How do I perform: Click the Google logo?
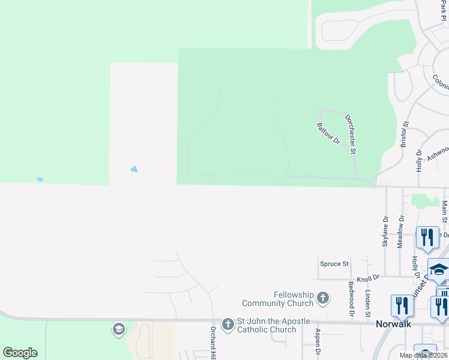pyautogui.click(x=20, y=353)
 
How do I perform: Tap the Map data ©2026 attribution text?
pyautogui.click(x=423, y=355)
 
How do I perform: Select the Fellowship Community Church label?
pyautogui.click(x=277, y=299)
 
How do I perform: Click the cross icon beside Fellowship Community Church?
pyautogui.click(x=323, y=298)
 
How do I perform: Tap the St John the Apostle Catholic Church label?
pyautogui.click(x=267, y=325)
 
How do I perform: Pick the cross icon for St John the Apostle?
pyautogui.click(x=228, y=325)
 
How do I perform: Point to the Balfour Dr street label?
pyautogui.click(x=328, y=133)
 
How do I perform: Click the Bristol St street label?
pyautogui.click(x=405, y=134)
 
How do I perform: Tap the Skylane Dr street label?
pyautogui.click(x=385, y=232)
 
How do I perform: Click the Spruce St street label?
pyautogui.click(x=334, y=263)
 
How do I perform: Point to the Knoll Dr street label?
pyautogui.click(x=368, y=278)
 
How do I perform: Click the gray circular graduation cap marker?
pyautogui.click(x=118, y=329)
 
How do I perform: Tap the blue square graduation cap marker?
pyautogui.click(x=438, y=271)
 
